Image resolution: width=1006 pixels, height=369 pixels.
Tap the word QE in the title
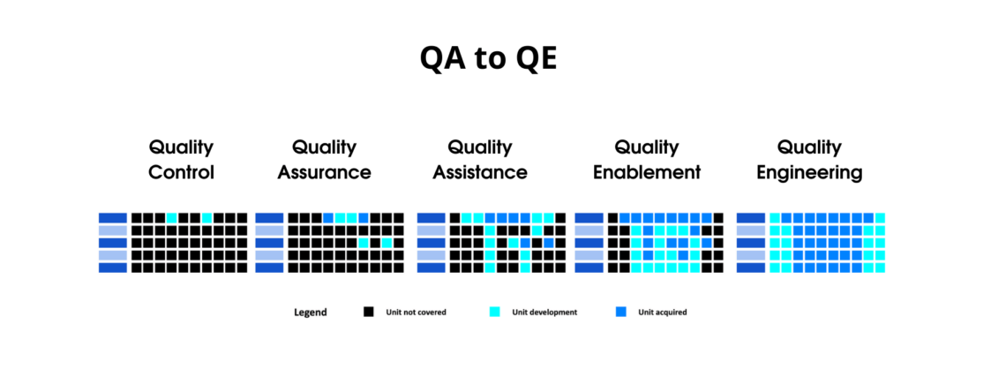pyautogui.click(x=531, y=58)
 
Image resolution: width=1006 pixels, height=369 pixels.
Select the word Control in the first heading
pyautogui.click(x=181, y=172)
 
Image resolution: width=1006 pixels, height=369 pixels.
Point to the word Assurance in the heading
pyautogui.click(x=324, y=172)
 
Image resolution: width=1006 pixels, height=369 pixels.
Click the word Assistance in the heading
pyautogui.click(x=480, y=172)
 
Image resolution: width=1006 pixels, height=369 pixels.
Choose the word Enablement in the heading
pyautogui.click(x=647, y=172)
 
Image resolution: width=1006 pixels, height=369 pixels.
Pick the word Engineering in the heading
pyautogui.click(x=809, y=172)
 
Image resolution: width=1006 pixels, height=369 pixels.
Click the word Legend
pyautogui.click(x=311, y=313)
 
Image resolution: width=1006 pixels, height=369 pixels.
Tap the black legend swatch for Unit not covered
pyautogui.click(x=369, y=312)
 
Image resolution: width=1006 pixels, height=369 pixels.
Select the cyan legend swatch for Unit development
pyautogui.click(x=494, y=312)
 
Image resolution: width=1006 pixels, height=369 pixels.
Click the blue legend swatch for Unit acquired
pyautogui.click(x=620, y=312)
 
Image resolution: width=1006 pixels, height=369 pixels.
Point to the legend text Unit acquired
pyautogui.click(x=661, y=313)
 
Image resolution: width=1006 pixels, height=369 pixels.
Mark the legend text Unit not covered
pyautogui.click(x=416, y=313)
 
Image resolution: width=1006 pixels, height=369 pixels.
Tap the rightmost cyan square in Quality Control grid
pyautogui.click(x=206, y=217)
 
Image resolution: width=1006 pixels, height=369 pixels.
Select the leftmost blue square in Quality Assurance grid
pyautogui.click(x=328, y=217)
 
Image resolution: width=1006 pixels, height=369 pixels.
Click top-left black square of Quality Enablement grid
pyautogui.click(x=612, y=217)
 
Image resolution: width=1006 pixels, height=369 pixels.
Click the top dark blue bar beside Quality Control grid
pyautogui.click(x=113, y=217)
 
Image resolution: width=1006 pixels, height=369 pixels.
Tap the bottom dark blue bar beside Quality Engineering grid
pyautogui.click(x=751, y=267)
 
